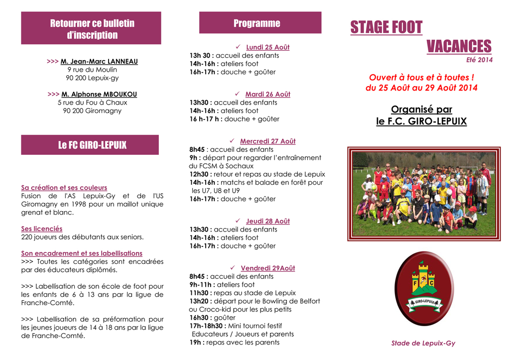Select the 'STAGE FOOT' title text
point(386,27)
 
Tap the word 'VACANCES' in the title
point(459,46)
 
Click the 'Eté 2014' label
point(479,60)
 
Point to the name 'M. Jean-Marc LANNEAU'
point(99,62)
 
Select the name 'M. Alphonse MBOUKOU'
point(99,94)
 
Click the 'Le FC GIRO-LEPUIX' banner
point(90,145)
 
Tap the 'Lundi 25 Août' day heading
point(267,47)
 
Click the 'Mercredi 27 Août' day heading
point(267,141)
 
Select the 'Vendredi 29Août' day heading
point(267,268)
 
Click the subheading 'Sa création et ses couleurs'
point(64,188)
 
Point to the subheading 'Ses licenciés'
point(42,229)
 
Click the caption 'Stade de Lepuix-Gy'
point(423,343)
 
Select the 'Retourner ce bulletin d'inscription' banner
point(91,29)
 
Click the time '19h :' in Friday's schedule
point(197,342)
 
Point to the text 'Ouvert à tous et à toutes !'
point(421,78)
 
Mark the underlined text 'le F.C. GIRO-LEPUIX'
point(421,121)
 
